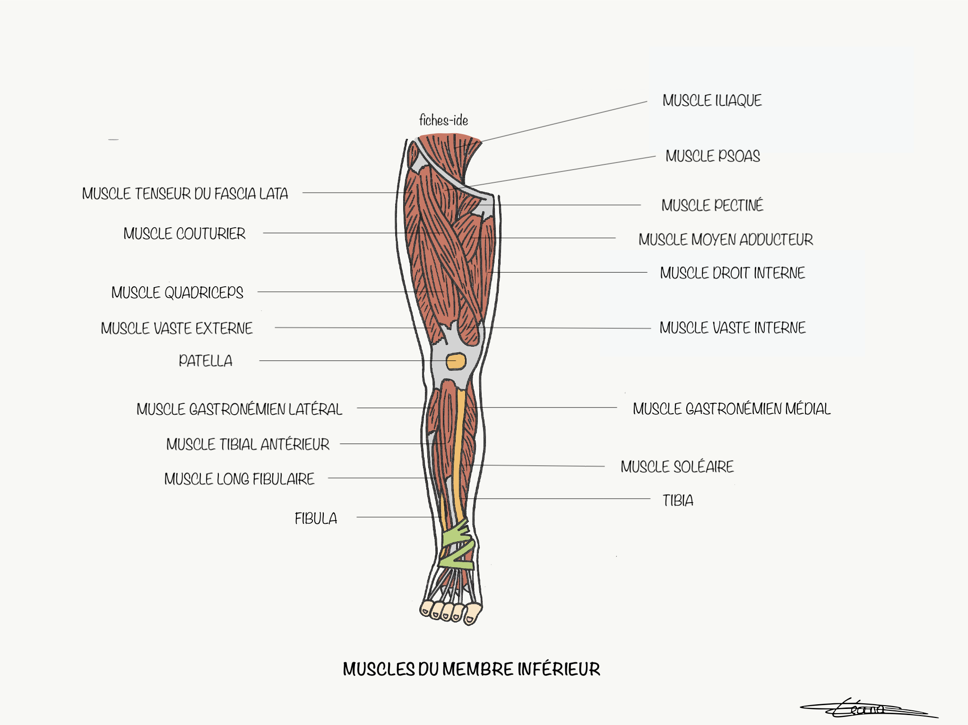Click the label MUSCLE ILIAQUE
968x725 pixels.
(712, 101)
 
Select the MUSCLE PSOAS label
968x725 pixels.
(712, 156)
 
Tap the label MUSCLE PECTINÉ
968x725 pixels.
(712, 205)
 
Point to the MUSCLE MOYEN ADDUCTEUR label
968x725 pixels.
(726, 239)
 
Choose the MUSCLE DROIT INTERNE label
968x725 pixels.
(732, 273)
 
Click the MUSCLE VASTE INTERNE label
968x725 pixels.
(732, 328)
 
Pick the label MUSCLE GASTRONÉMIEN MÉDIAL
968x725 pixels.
(731, 409)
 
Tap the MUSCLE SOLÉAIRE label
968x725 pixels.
(677, 467)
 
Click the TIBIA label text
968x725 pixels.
(678, 500)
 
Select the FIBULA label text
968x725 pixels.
(316, 519)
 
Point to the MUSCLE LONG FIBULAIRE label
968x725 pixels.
(239, 479)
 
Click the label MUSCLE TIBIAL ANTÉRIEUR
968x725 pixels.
(248, 444)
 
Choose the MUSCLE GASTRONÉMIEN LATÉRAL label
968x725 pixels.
(239, 409)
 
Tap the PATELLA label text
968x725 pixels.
(205, 361)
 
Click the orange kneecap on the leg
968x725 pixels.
(456, 362)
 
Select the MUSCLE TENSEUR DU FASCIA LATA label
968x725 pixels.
(185, 194)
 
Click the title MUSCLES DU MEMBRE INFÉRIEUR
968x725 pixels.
(471, 669)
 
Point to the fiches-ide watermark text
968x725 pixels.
(443, 120)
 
